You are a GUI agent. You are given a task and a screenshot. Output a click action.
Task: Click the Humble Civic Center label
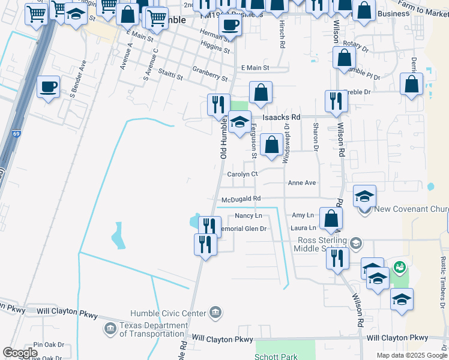pyautogui.click(x=169, y=313)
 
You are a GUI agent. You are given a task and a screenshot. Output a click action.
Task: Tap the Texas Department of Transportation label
pyautogui.click(x=152, y=329)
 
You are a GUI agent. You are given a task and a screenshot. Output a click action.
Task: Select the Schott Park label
pyautogui.click(x=277, y=356)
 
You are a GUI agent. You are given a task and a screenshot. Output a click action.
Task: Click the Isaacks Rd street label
pyautogui.click(x=280, y=118)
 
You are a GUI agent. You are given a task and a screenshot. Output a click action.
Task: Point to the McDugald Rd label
pyautogui.click(x=241, y=199)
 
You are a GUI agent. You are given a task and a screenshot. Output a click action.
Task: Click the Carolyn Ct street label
pyautogui.click(x=243, y=174)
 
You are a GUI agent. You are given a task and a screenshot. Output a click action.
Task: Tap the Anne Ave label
pyautogui.click(x=302, y=182)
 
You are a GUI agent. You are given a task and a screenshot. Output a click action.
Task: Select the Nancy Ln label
pyautogui.click(x=249, y=215)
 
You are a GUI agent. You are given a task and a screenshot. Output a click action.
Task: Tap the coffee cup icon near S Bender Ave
pyautogui.click(x=49, y=86)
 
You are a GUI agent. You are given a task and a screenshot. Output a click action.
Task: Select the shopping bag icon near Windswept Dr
pyautogui.click(x=272, y=145)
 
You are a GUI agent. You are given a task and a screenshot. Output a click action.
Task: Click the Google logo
pyautogui.click(x=20, y=353)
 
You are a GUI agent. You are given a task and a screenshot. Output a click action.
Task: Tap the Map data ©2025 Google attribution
pyautogui.click(x=412, y=355)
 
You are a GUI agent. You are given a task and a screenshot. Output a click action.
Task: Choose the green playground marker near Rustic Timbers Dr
pyautogui.click(x=399, y=266)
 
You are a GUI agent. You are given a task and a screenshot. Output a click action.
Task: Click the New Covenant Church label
pyautogui.click(x=411, y=209)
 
